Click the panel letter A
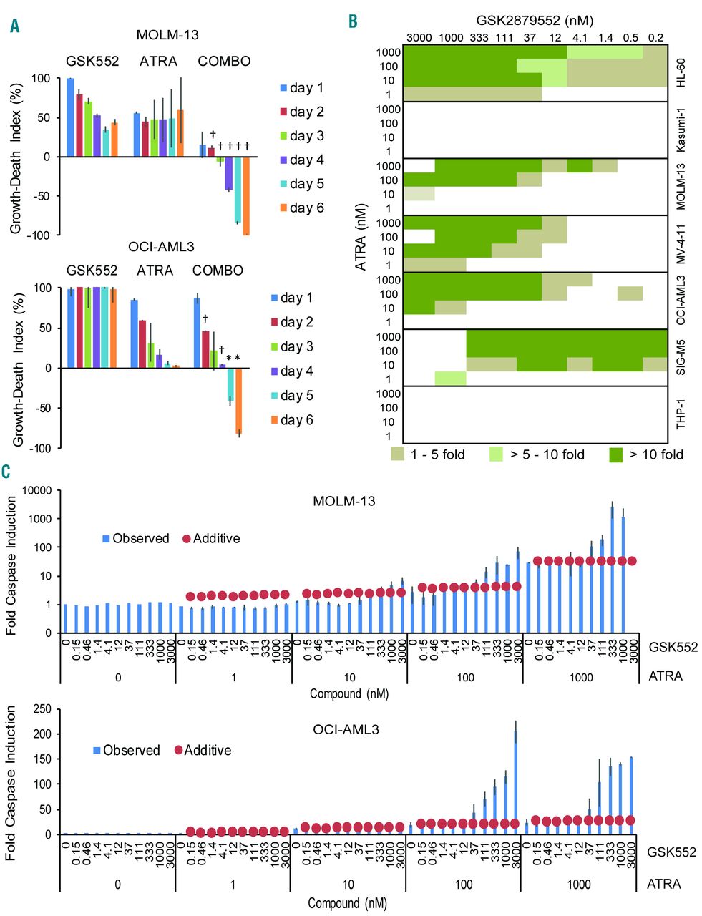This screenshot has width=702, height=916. click(x=15, y=26)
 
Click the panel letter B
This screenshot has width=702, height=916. click(x=354, y=22)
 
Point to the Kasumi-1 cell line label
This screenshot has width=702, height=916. click(x=681, y=130)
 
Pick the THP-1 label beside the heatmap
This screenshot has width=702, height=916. click(x=681, y=414)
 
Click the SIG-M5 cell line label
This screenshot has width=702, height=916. click(x=681, y=357)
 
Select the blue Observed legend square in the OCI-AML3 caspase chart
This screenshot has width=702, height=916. click(x=97, y=750)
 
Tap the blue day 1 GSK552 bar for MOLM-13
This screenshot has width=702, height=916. click(x=70, y=117)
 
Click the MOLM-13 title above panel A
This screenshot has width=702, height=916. click(x=167, y=34)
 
